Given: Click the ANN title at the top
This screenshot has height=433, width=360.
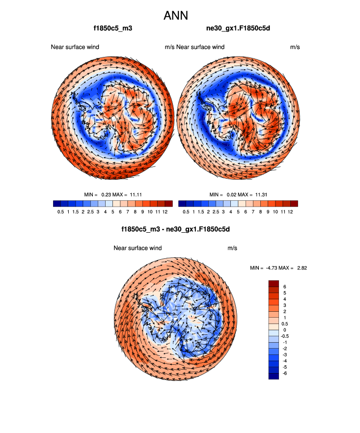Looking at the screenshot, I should click(176, 16).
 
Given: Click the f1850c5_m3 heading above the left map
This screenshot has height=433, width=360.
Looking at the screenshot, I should click(113, 28).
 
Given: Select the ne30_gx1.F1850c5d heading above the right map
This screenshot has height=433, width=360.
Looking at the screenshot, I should click(238, 28).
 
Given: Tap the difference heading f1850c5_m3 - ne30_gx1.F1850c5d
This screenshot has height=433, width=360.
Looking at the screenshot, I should click(176, 229).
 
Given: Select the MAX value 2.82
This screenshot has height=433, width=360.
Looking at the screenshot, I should click(301, 268).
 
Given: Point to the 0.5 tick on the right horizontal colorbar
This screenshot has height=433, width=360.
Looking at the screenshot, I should click(186, 212).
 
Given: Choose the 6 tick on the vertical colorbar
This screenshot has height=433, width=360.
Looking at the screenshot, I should click(284, 286).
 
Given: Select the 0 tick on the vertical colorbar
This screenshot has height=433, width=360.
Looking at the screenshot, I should click(284, 330).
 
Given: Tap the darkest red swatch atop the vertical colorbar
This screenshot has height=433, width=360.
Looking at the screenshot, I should click(274, 283).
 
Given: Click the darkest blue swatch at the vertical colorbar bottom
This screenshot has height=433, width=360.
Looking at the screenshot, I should click(274, 376).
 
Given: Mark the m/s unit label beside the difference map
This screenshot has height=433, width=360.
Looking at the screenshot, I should click(232, 248).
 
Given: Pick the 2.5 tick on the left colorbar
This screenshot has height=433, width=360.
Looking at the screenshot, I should click(90, 212).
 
